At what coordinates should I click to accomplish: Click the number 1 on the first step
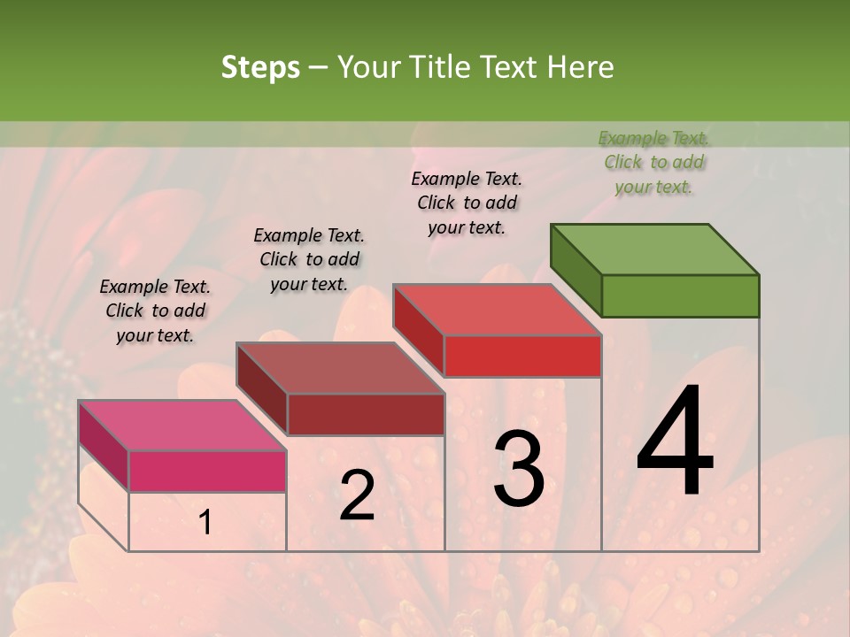205,523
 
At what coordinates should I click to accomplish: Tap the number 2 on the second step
357,495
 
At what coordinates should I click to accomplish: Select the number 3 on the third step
518,469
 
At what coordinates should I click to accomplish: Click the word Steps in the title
260,67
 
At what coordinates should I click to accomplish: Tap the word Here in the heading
581,67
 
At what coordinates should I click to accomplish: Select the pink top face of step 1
182,426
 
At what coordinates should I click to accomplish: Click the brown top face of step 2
341,368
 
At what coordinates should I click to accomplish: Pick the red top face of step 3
498,310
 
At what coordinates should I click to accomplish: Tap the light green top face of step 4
655,249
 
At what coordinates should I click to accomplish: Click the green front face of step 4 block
680,295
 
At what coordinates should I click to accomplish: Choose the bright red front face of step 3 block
522,356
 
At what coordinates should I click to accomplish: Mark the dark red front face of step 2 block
366,414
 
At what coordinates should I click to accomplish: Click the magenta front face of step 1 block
207,471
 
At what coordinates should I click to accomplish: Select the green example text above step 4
653,162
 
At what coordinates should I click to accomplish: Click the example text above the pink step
155,311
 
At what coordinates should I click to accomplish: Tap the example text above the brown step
309,259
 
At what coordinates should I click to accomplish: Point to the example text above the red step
467,203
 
